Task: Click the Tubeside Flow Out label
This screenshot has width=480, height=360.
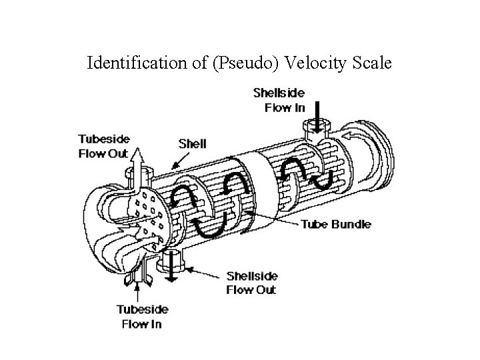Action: [103, 146]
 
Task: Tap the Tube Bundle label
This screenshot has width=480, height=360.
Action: [337, 224]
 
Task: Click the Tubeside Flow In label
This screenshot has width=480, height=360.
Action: [143, 317]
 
